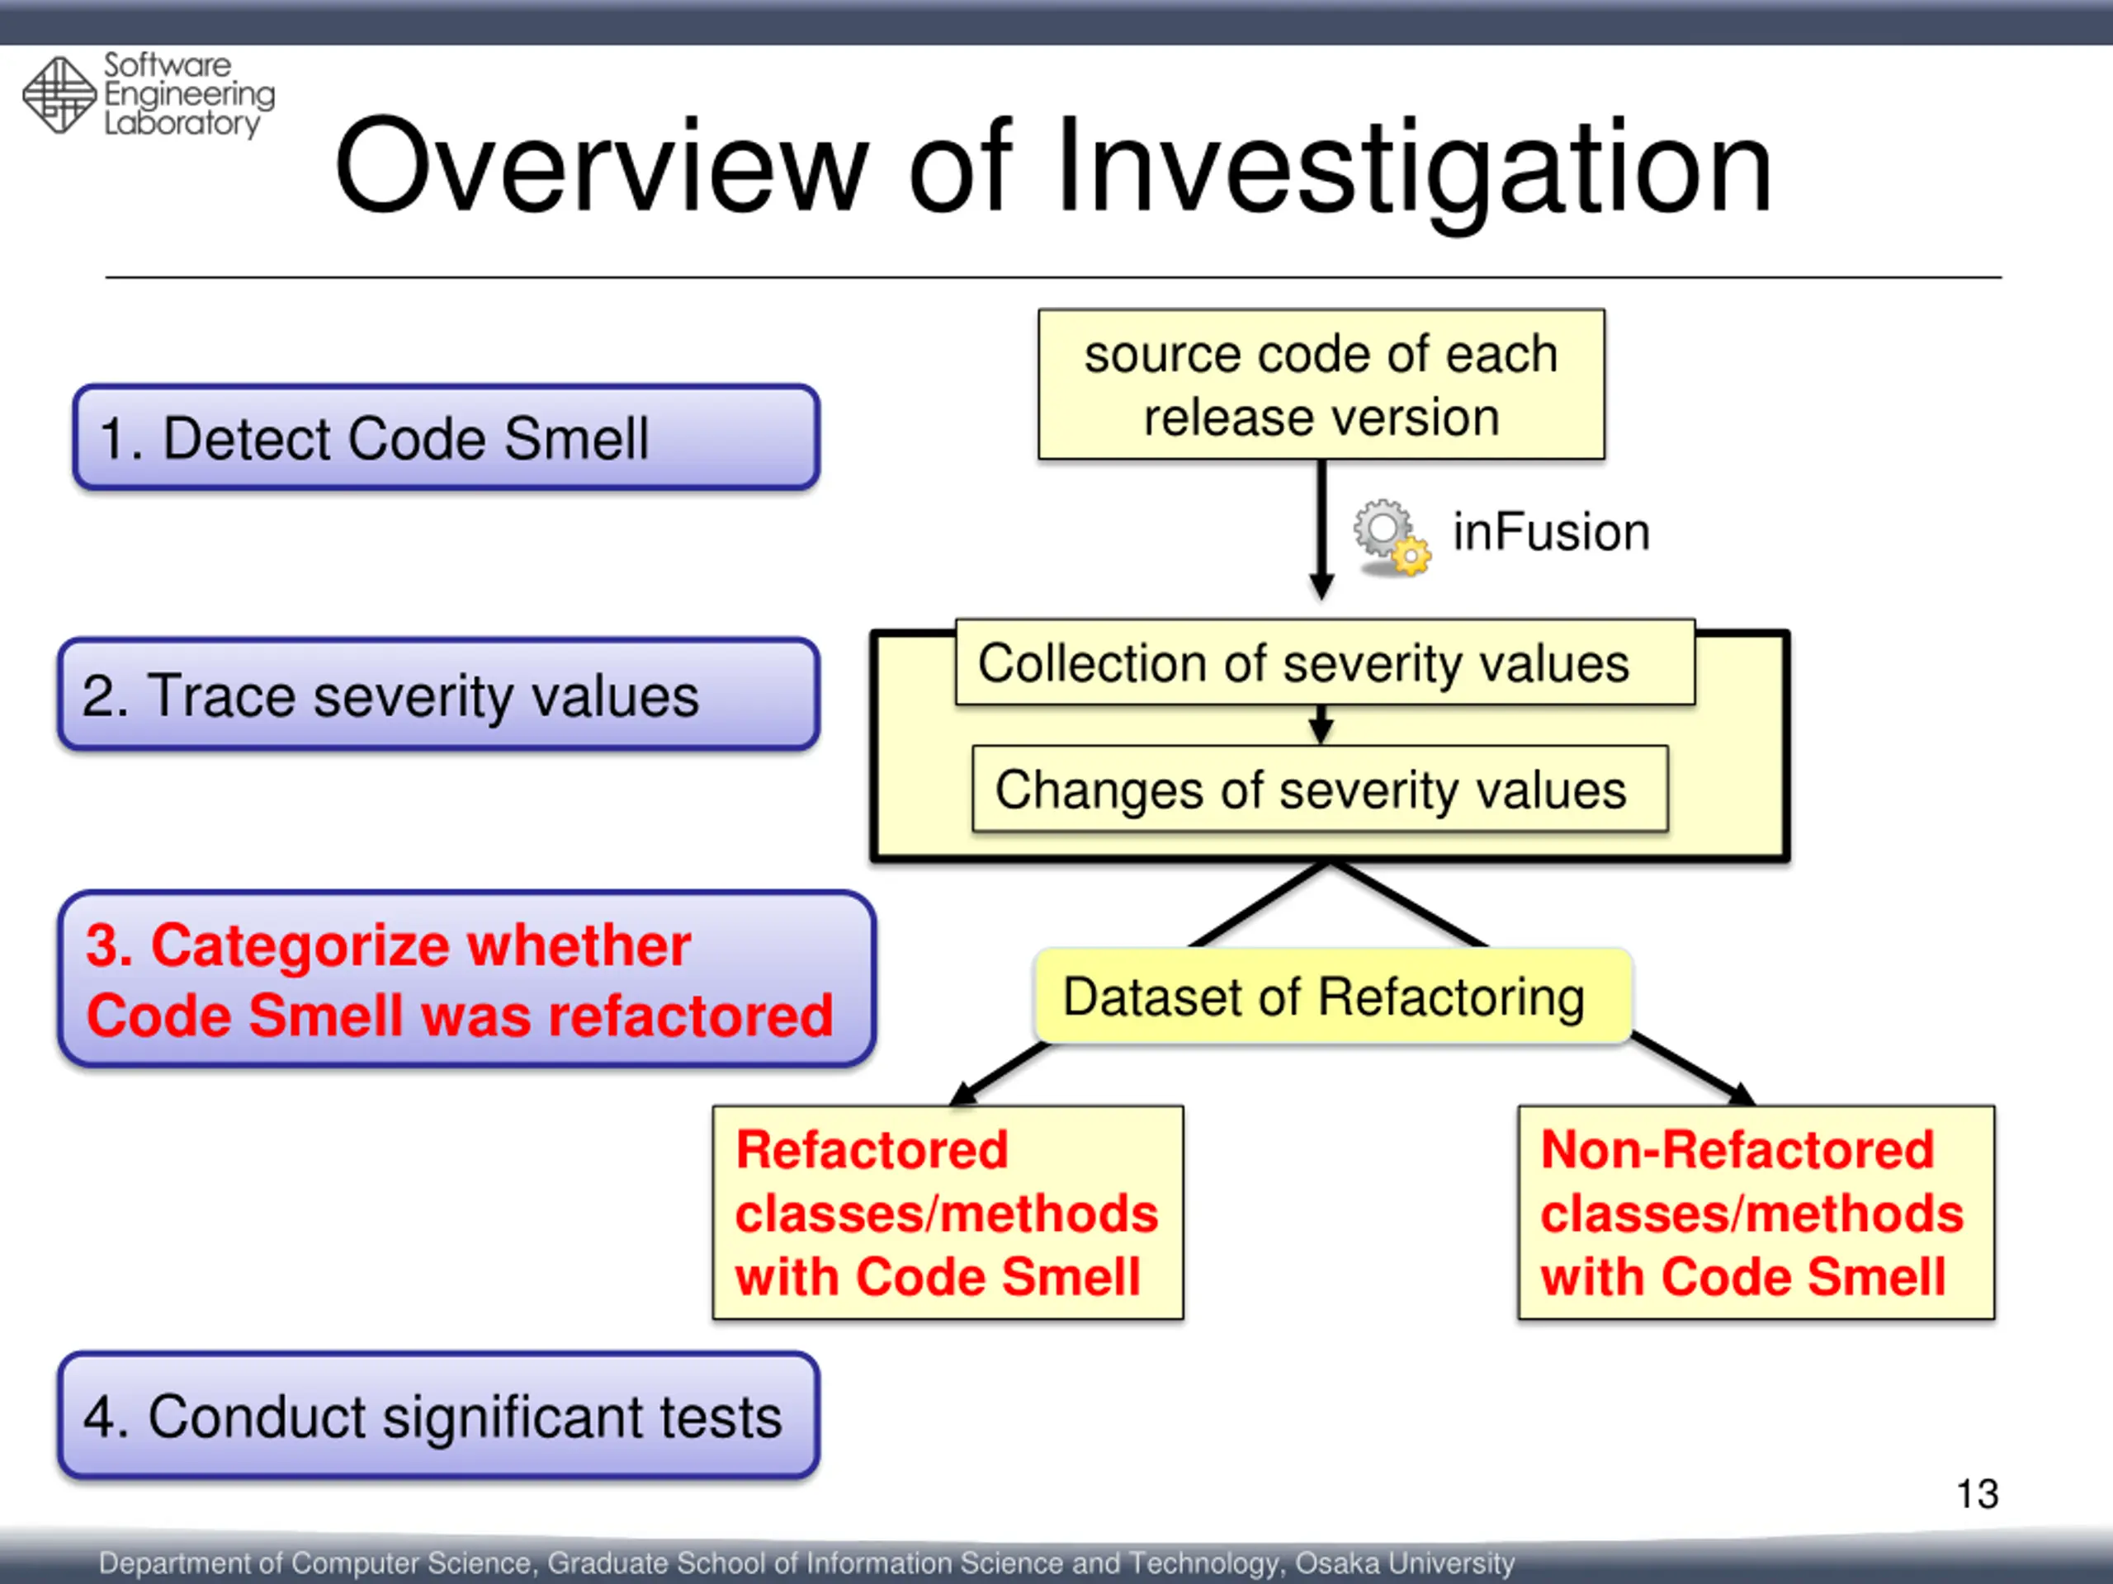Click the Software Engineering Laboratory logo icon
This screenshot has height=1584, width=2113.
[x=59, y=95]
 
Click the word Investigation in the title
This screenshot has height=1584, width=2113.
[x=1413, y=167]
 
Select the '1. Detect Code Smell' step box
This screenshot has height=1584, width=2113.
[x=446, y=438]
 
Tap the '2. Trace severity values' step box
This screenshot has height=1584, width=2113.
[x=438, y=694]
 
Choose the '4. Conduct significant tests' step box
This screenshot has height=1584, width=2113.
[x=438, y=1415]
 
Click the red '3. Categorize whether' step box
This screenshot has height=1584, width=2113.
[x=466, y=978]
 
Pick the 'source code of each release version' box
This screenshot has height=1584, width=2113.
[x=1321, y=384]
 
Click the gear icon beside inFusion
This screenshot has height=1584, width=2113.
[x=1390, y=536]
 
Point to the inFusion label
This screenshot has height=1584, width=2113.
[x=1551, y=532]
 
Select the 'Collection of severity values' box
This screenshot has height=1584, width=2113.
[x=1325, y=662]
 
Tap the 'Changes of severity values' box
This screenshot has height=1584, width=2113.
[x=1319, y=790]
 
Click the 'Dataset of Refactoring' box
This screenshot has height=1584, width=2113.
[x=1332, y=996]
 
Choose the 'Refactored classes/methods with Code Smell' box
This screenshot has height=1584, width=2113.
[x=948, y=1213]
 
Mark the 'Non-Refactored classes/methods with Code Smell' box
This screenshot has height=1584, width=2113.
[x=1756, y=1213]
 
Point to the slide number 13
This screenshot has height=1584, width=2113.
[x=1977, y=1494]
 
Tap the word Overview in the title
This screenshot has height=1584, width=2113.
[x=602, y=167]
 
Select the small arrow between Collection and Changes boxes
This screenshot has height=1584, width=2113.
[x=1321, y=726]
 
